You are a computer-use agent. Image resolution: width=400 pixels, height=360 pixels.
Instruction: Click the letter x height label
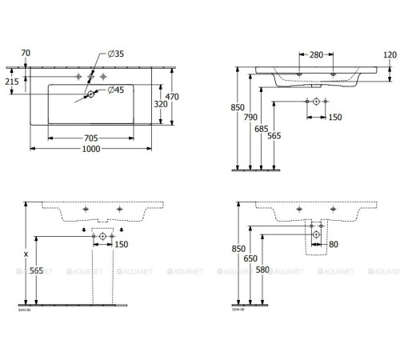27,254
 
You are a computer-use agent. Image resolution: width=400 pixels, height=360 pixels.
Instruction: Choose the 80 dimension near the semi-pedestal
334,243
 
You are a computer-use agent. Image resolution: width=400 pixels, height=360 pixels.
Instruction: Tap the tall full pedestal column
102,268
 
